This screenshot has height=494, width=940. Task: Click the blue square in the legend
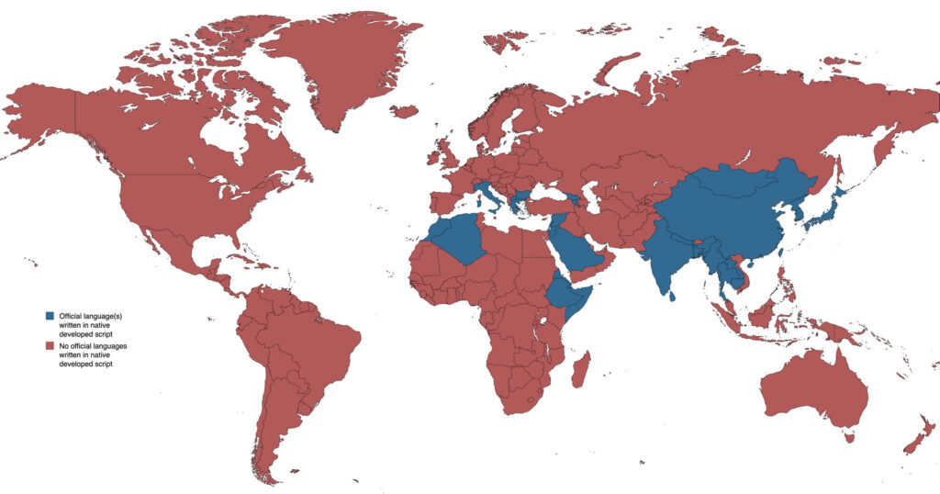50,316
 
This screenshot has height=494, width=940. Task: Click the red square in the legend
50,345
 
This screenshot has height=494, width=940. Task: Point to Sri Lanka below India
674,295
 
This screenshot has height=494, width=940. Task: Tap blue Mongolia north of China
734,184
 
